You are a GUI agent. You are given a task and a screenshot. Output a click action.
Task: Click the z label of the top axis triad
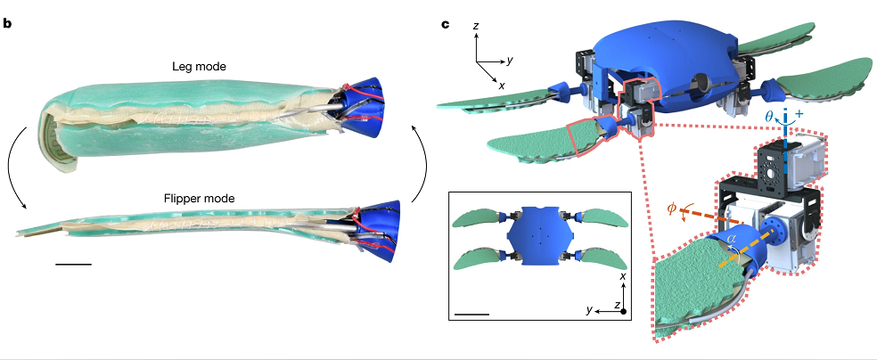(477, 28)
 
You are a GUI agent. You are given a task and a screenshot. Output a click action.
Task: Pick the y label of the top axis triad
(508, 61)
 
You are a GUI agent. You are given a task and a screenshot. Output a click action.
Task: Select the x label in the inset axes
(622, 278)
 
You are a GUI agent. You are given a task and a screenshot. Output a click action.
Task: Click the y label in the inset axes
(589, 309)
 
